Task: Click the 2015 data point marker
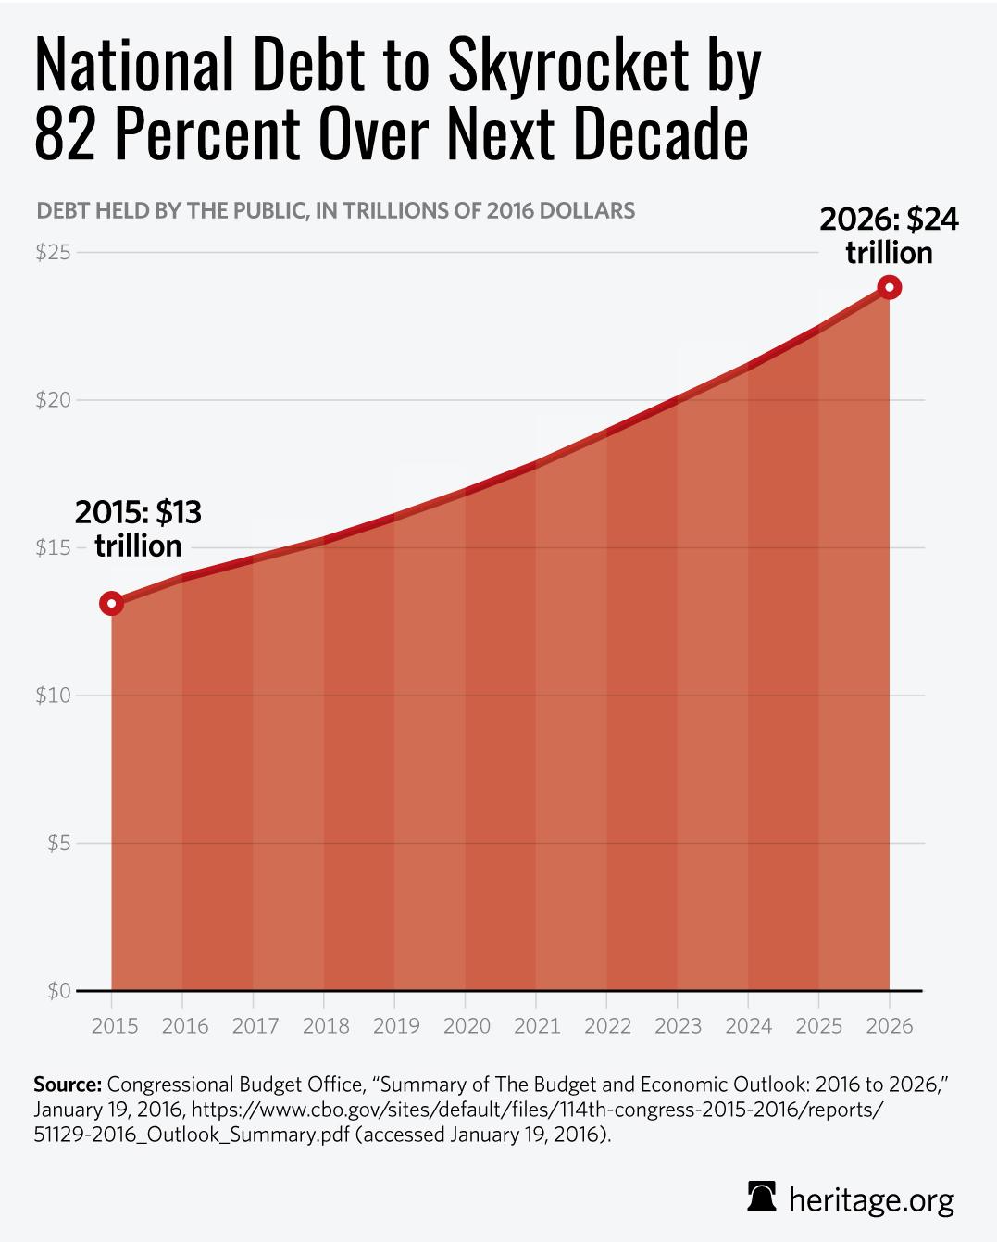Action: click(x=111, y=604)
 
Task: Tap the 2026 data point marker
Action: click(x=889, y=287)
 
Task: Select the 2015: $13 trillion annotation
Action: click(x=138, y=528)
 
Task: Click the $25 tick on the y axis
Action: click(x=53, y=252)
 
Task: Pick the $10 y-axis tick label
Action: click(x=53, y=695)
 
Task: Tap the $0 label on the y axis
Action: click(x=57, y=991)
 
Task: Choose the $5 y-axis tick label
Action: click(x=57, y=843)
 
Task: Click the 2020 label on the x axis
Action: click(x=465, y=1026)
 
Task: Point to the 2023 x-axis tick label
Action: click(x=678, y=1026)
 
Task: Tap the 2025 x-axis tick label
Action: click(x=818, y=1026)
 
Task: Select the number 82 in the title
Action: click(x=65, y=136)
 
